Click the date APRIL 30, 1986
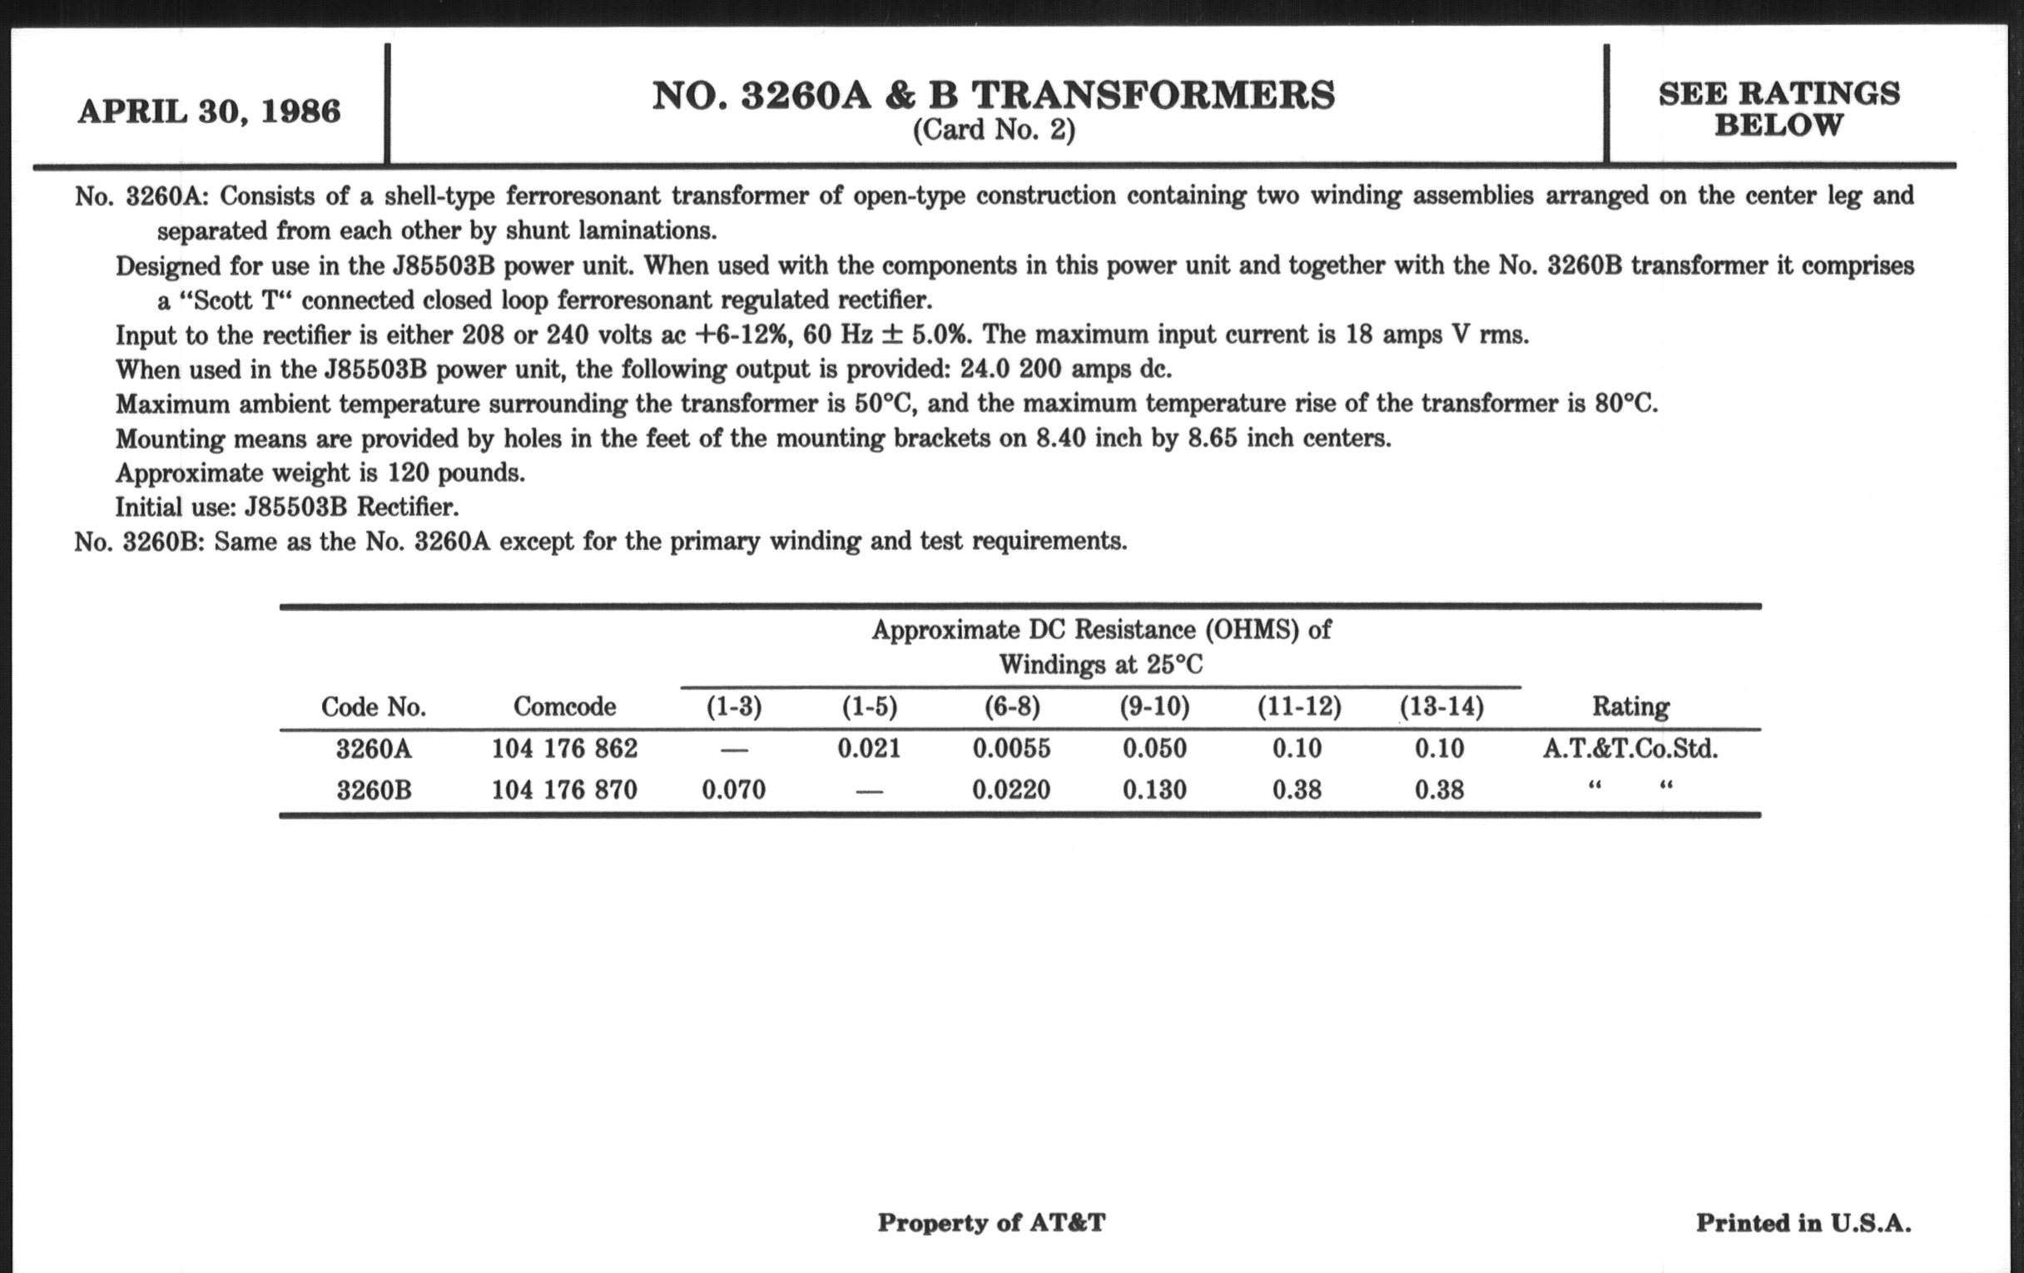pos(209,111)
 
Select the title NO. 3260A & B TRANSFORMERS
pos(994,95)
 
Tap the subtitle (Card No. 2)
pos(994,131)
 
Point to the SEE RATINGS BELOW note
pos(1778,109)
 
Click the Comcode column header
pos(564,706)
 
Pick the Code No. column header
pos(373,706)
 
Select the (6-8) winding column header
pos(1012,706)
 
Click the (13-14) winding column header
pos(1441,706)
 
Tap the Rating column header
pos(1630,706)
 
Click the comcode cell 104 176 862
pos(564,748)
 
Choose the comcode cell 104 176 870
pos(564,790)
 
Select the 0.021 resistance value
pos(869,748)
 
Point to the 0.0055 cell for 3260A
pos(1011,748)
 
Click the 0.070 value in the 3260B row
pos(734,790)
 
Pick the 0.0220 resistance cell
pos(1011,790)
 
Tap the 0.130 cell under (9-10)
pos(1155,790)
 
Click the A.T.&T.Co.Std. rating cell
pos(1630,748)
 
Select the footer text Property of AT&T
pos(991,1222)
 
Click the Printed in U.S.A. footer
pos(1803,1222)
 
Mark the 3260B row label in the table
pos(374,790)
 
